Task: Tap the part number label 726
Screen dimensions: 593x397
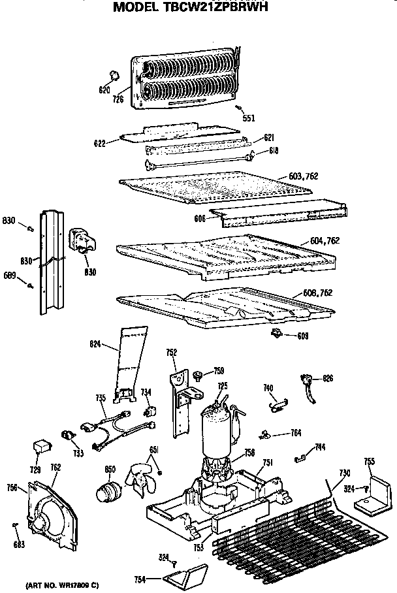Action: (x=118, y=99)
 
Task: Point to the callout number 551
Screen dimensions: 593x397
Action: (x=249, y=118)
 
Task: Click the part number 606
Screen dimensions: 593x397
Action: (x=200, y=218)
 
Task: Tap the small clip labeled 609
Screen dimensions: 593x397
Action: (x=277, y=334)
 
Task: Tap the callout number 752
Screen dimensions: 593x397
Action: (x=172, y=353)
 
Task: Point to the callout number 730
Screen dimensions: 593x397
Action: (x=344, y=473)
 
